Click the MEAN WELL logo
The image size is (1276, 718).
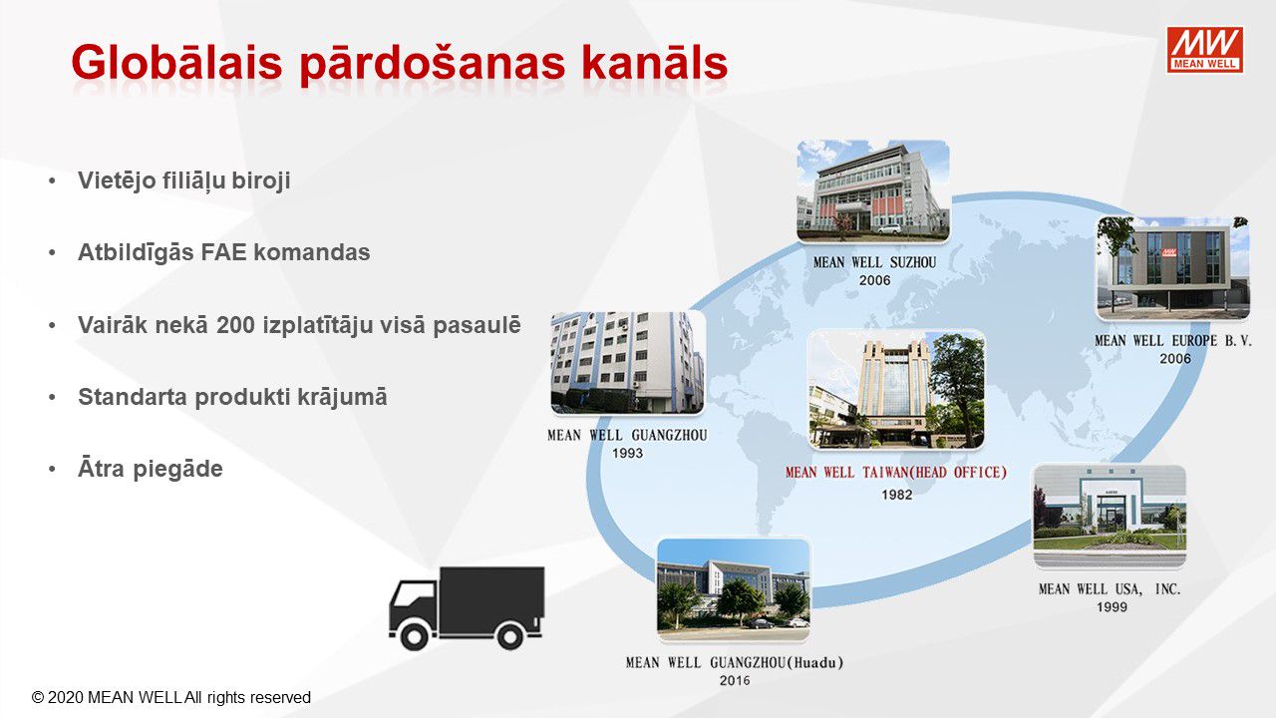click(x=1204, y=50)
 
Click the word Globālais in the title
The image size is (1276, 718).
click(x=176, y=62)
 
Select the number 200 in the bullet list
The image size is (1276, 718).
click(x=235, y=325)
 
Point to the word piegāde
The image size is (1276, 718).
click(x=177, y=470)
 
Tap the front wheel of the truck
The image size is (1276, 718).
click(x=415, y=635)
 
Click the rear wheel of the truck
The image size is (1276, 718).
click(x=509, y=635)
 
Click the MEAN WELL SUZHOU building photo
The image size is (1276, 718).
click(x=873, y=191)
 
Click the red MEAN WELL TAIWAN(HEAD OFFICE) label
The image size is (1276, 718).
click(x=896, y=473)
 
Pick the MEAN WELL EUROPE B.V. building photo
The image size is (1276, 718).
click(x=1173, y=268)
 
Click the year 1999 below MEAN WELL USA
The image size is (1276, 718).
click(x=1112, y=607)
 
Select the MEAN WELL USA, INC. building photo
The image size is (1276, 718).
click(x=1110, y=517)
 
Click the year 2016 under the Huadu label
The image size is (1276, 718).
click(x=735, y=681)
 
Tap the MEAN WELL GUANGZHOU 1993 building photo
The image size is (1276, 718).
click(x=627, y=363)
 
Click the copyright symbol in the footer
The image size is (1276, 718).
click(x=38, y=698)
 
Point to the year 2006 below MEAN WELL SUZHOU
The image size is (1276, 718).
click(x=875, y=281)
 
